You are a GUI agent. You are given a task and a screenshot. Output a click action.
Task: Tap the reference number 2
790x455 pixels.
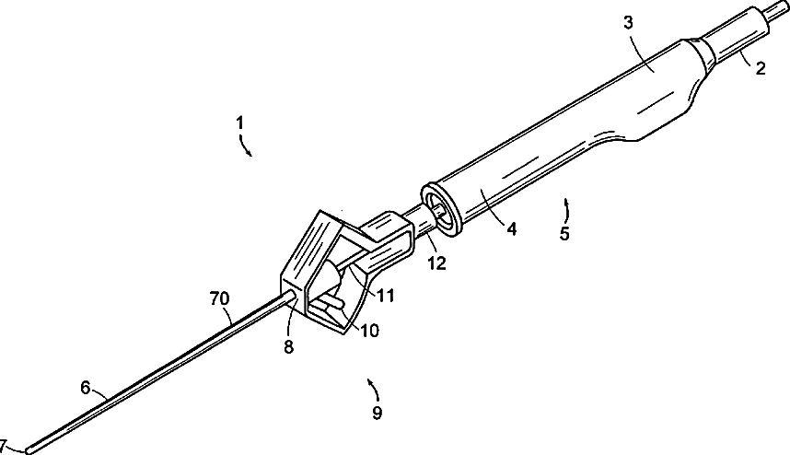pyautogui.click(x=760, y=67)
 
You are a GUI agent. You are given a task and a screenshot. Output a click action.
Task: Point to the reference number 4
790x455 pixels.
pyautogui.click(x=510, y=228)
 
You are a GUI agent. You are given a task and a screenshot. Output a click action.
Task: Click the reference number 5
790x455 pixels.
pyautogui.click(x=563, y=234)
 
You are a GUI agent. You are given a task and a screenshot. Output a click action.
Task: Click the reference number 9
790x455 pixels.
pyautogui.click(x=376, y=413)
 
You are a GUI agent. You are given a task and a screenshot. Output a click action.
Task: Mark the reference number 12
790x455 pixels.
pyautogui.click(x=436, y=263)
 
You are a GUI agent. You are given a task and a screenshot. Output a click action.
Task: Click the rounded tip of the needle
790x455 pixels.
pyautogui.click(x=30, y=449)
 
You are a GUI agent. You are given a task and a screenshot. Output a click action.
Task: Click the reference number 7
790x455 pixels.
pyautogui.click(x=5, y=444)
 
